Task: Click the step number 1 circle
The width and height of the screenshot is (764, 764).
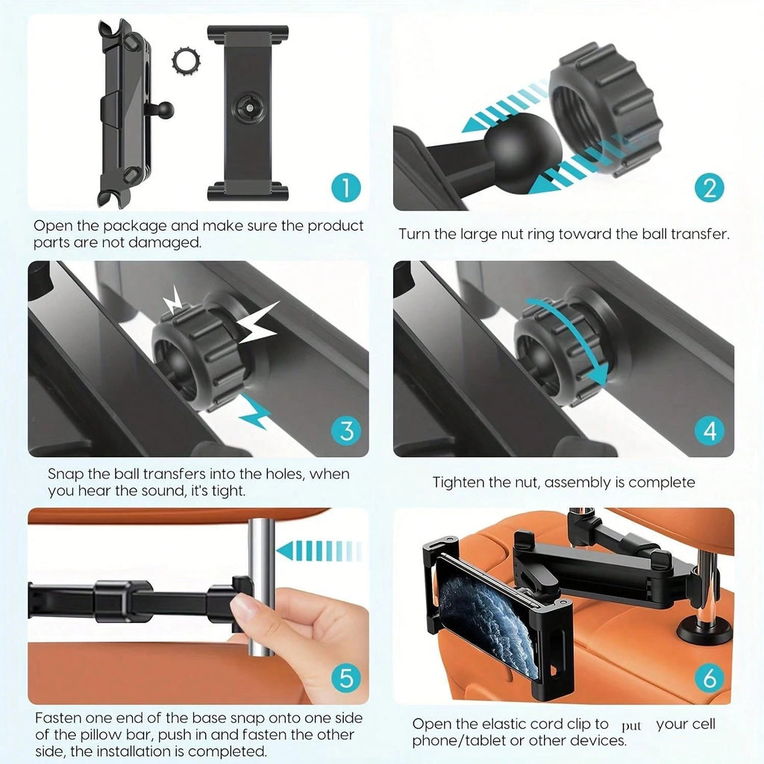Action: tap(345, 187)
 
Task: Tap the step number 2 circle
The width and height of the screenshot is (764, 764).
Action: tap(709, 187)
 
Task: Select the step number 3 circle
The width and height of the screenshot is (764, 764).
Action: tap(345, 430)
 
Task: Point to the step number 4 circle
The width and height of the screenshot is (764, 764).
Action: tap(709, 430)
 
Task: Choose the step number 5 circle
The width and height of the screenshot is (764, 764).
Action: tap(345, 677)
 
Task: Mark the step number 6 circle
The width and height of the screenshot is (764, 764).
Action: tap(709, 677)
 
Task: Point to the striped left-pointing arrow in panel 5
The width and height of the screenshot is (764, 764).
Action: tap(318, 551)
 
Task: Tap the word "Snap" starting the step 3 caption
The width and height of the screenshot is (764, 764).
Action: tap(64, 474)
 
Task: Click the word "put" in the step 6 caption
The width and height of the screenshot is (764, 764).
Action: tap(630, 725)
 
